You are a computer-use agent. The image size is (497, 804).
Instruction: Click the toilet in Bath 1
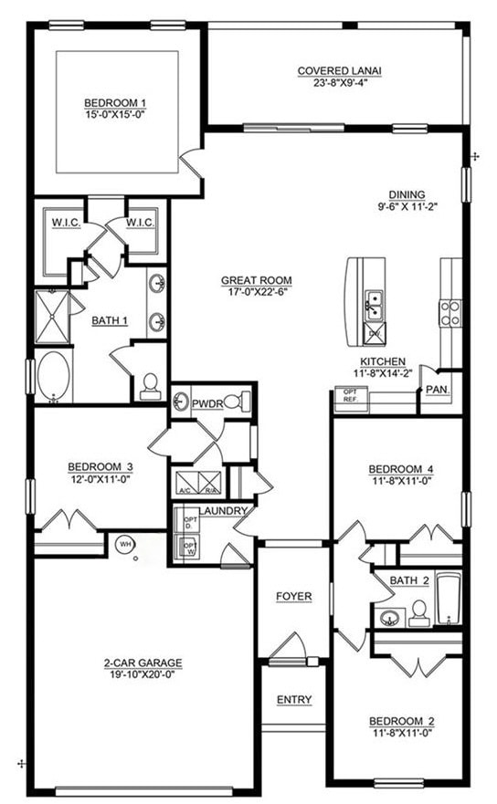pos(150,387)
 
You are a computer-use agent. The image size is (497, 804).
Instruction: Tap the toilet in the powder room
pos(235,400)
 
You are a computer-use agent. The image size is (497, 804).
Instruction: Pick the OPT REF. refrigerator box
pos(350,394)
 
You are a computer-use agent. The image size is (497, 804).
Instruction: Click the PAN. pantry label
pos(436,390)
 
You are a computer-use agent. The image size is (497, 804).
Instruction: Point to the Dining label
pos(406,193)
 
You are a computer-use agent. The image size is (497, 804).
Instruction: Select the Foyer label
pos(294,597)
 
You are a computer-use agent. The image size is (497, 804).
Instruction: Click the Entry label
pos(294,700)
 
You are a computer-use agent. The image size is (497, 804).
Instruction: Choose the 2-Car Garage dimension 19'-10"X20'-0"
pos(143,675)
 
